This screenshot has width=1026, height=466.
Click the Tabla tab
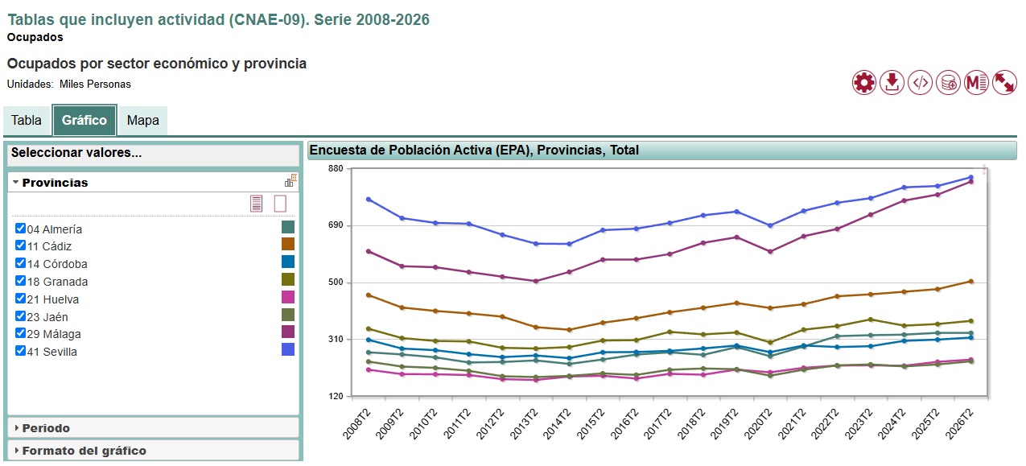coord(27,121)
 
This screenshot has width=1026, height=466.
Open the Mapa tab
coord(143,121)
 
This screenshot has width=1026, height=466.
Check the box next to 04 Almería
coord(20,229)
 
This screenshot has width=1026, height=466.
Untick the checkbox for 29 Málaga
coord(20,333)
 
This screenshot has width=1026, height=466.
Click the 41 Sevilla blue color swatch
coord(287,349)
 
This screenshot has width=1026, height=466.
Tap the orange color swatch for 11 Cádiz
coord(287,244)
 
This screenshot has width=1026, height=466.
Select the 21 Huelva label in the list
coord(52,299)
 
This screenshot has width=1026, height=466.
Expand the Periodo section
coord(46,428)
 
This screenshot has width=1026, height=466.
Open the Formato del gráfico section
coord(84,451)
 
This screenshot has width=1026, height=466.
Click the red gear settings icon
coord(864,83)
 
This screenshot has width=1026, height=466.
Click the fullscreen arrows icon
coord(1004,83)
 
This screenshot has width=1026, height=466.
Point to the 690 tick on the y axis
coord(336,225)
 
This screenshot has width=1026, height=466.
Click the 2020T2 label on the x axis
coord(758,424)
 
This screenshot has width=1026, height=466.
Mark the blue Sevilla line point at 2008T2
coord(369,200)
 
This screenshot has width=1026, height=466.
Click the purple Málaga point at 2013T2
coord(536,281)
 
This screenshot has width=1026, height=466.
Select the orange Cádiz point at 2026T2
coord(971,282)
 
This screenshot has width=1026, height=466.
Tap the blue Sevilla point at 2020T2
coord(770,225)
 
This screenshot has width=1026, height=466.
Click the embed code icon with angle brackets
coord(921,83)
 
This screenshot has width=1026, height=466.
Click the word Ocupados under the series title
coord(35,38)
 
